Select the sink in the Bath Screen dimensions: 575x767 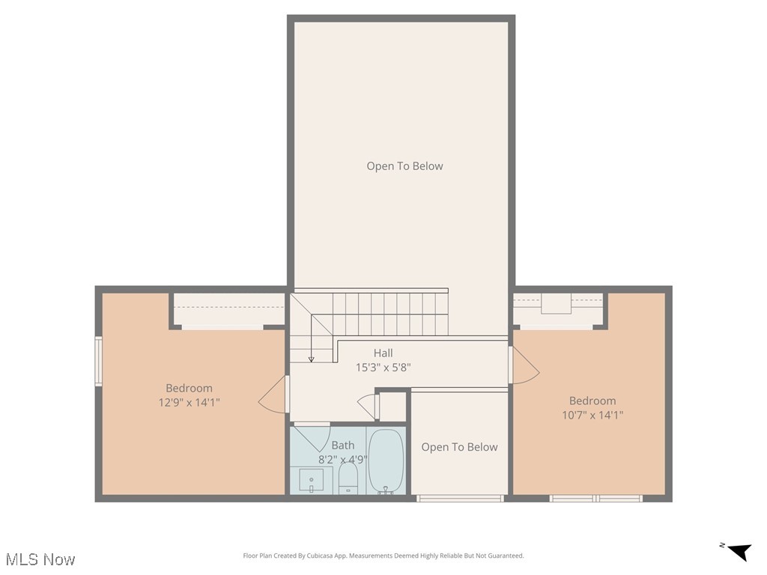coord(311,479)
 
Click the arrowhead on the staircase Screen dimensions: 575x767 coord(311,359)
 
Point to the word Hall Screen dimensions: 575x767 coord(383,353)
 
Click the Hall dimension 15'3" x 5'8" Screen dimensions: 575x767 coord(383,368)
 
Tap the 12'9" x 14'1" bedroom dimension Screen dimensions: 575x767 coord(189,402)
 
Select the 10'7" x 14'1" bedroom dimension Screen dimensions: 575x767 coord(592,415)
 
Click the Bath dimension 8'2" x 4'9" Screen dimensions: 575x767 coord(343,459)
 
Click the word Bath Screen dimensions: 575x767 coord(343,445)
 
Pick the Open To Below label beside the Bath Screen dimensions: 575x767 coord(459,447)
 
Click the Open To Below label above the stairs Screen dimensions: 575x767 coord(404,166)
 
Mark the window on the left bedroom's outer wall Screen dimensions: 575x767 coord(98,362)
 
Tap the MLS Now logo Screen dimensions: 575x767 coord(40,559)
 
